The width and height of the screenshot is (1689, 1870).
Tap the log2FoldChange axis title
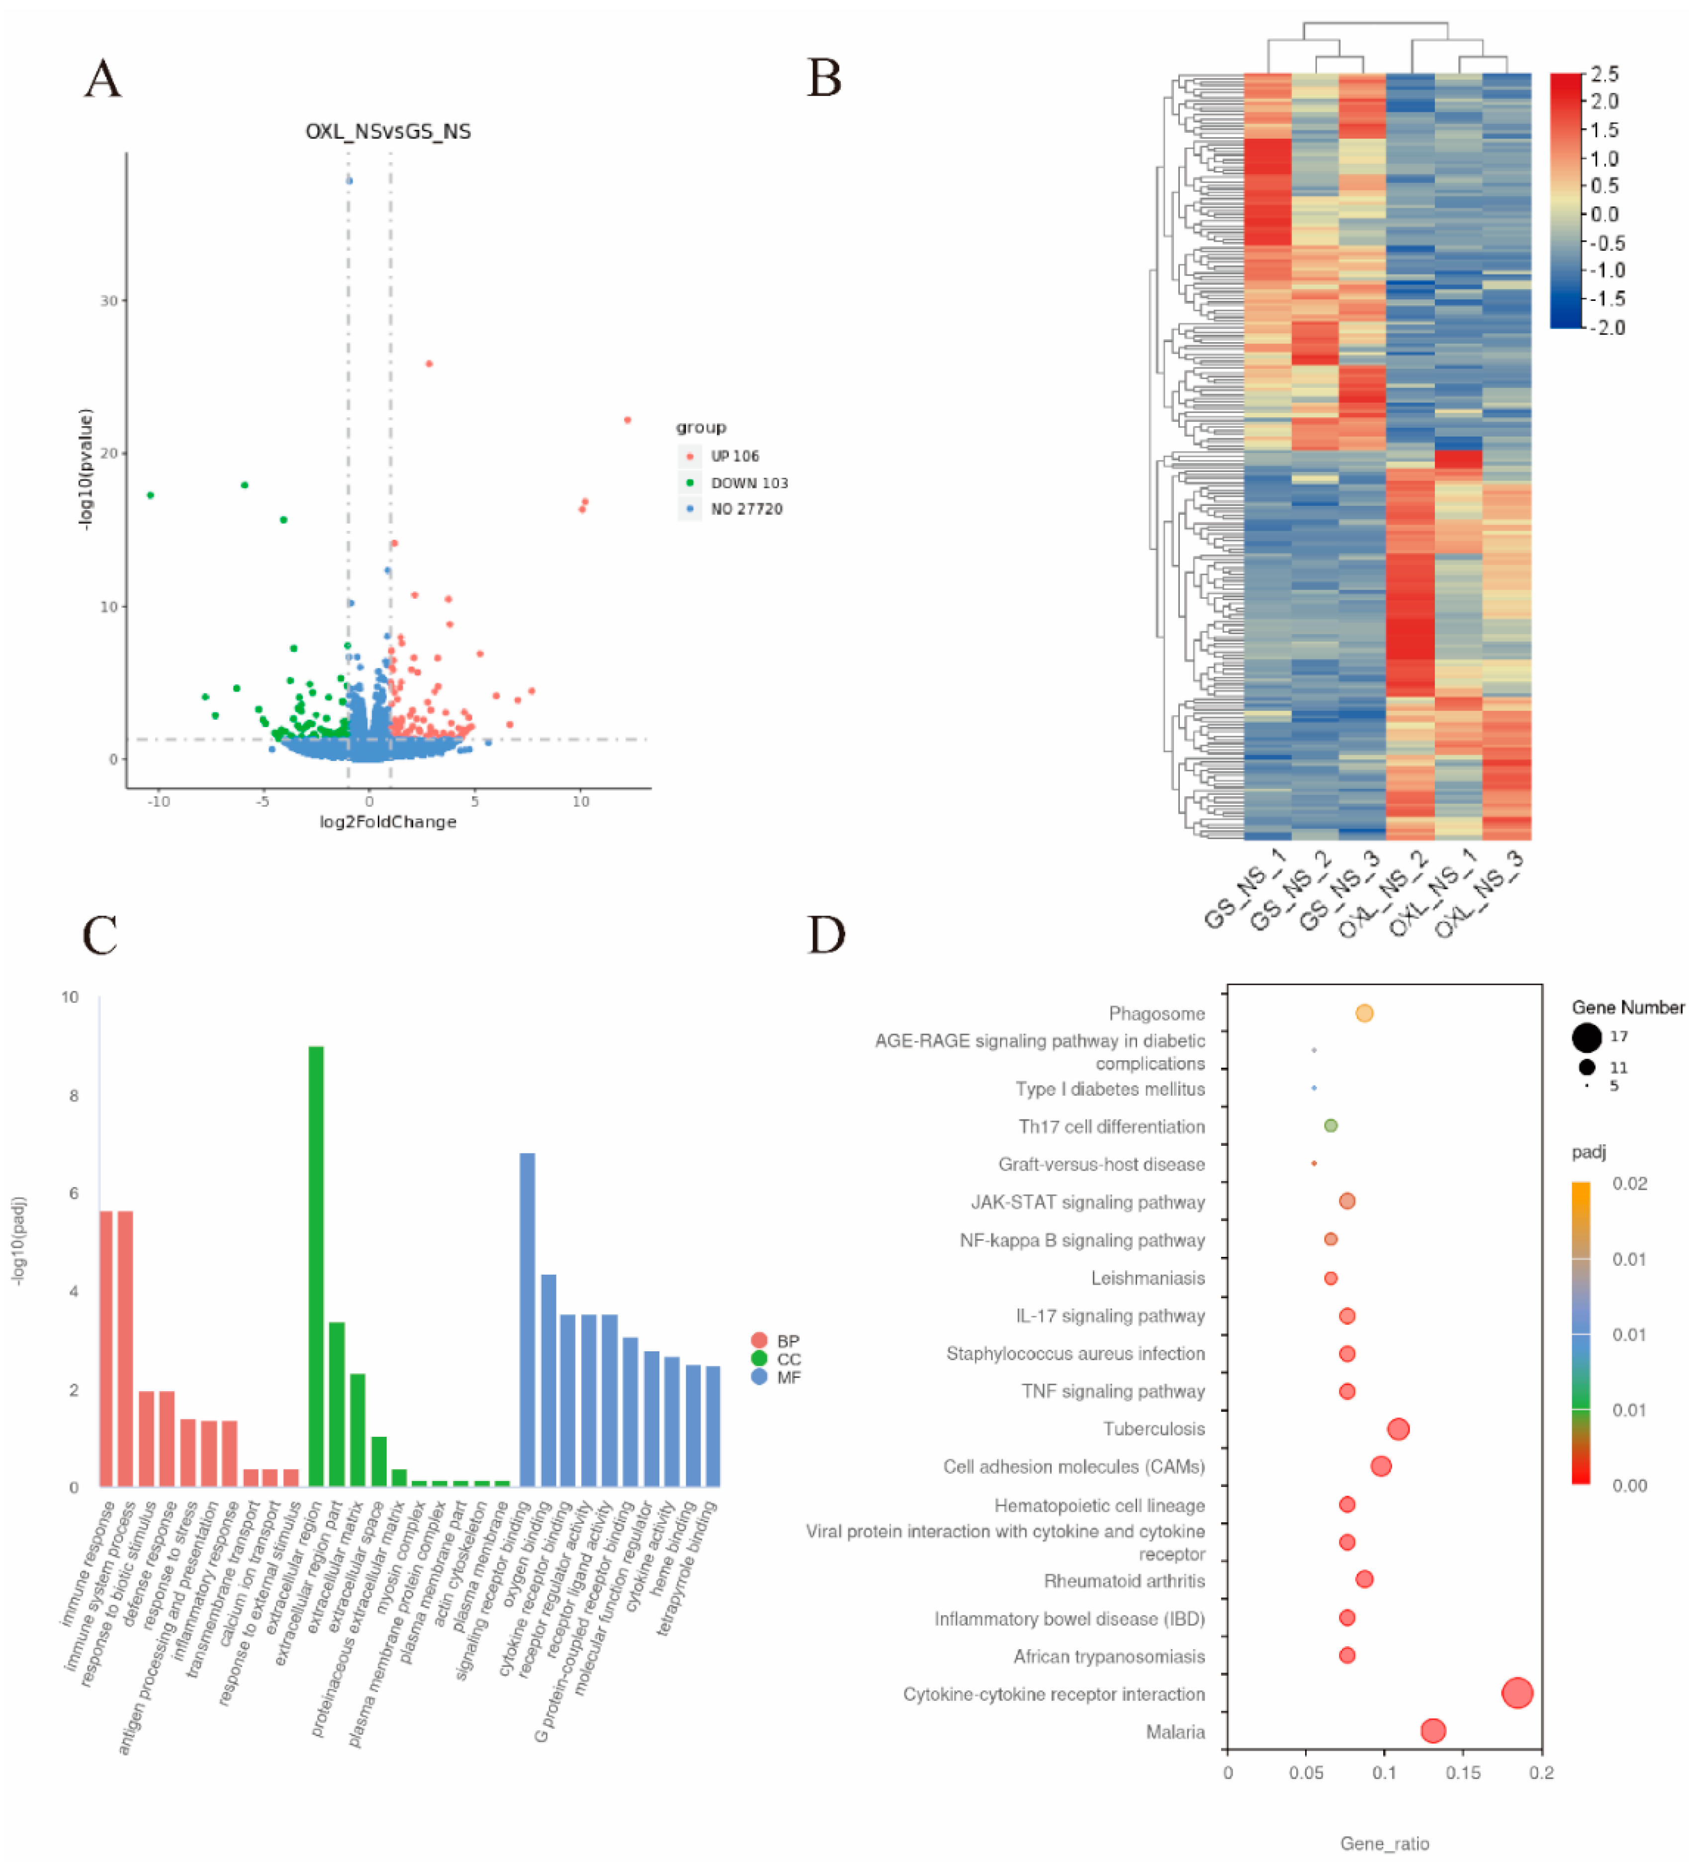388,822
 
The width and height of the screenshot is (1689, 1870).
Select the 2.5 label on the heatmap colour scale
1604,74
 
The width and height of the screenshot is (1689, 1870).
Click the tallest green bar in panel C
315,1266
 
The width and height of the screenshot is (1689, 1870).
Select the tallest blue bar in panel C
527,1319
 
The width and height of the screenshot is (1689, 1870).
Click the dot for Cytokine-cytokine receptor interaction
1516,1693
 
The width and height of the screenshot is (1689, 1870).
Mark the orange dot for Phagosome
1363,1013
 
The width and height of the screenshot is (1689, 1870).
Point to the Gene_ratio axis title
1384,1843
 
